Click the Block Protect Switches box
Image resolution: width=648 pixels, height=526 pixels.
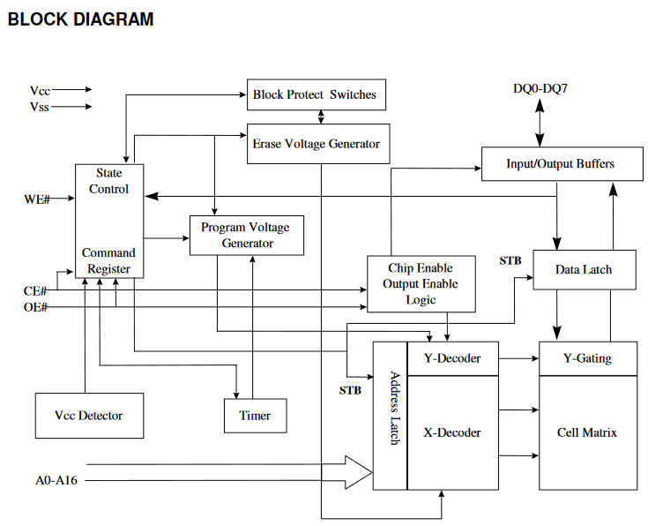316,94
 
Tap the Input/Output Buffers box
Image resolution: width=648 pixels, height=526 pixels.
560,164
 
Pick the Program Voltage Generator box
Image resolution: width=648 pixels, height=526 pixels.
246,235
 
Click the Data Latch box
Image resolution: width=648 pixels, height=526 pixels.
584,269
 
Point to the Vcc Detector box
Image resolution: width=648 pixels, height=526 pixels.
88,416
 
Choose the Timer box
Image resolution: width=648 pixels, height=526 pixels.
254,416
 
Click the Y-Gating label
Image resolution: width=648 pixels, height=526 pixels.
587,358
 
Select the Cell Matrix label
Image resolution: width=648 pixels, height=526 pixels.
587,432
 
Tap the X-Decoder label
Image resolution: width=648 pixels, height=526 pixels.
452,432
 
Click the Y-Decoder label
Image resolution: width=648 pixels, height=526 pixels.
452,358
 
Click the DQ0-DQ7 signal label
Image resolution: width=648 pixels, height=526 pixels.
539,88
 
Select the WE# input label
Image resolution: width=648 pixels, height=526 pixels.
36,199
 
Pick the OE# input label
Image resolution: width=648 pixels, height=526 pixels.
35,307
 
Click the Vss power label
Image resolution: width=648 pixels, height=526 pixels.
40,107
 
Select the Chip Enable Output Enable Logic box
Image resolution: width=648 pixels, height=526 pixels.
420,284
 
